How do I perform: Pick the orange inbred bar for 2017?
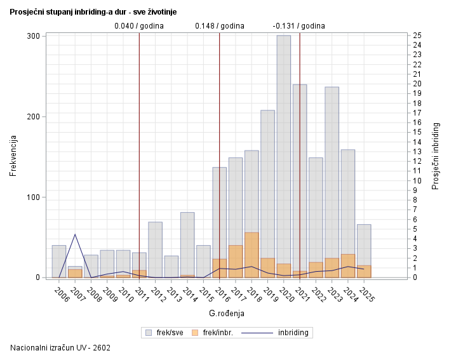click(x=236, y=262)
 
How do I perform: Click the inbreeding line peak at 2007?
click(x=75, y=234)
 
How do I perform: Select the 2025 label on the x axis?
click(x=366, y=295)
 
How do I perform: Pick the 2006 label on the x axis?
click(x=61, y=295)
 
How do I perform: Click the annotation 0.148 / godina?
click(x=219, y=26)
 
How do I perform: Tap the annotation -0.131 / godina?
click(x=298, y=26)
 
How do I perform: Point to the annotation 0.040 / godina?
click(x=138, y=26)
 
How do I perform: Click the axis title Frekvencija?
click(x=13, y=156)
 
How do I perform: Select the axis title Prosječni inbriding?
click(x=436, y=156)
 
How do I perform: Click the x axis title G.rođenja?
click(x=226, y=314)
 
